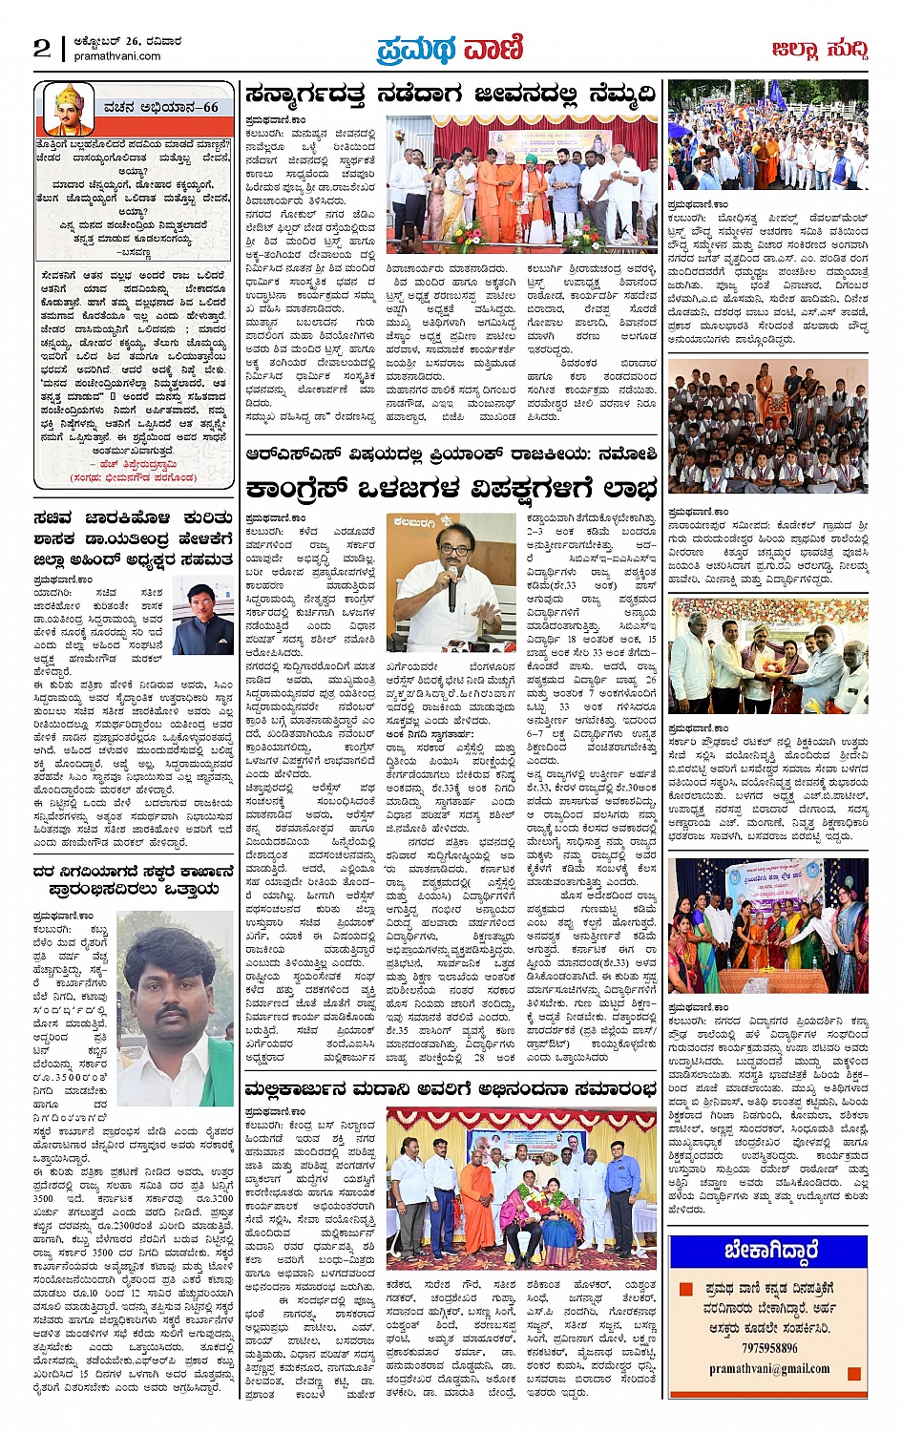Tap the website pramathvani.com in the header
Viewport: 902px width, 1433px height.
117,56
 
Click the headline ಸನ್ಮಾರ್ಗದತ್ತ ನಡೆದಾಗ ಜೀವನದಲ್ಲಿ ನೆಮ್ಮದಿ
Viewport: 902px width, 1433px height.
450,95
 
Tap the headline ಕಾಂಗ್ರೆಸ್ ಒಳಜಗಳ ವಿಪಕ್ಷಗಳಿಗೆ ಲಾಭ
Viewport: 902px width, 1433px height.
451,489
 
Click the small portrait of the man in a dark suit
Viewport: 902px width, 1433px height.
203,614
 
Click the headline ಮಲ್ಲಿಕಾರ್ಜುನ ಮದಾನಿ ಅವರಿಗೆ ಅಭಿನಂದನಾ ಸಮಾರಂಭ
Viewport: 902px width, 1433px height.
450,1089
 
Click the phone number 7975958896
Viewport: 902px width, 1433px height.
768,1347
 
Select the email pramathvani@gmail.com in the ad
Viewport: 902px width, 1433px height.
768,1368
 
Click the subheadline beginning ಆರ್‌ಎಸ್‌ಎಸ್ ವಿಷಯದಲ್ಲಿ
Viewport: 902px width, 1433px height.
451,454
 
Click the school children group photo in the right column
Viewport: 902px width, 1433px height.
767,426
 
